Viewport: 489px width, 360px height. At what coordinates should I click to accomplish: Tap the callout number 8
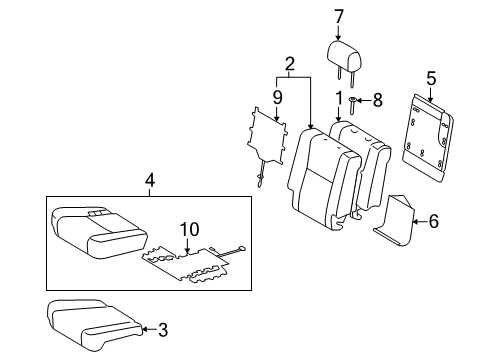378,100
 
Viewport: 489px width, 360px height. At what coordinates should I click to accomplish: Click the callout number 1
338,98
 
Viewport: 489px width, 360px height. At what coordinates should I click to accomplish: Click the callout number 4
149,180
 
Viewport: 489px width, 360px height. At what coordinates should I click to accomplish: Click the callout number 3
163,326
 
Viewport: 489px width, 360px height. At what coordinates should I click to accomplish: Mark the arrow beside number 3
148,326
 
